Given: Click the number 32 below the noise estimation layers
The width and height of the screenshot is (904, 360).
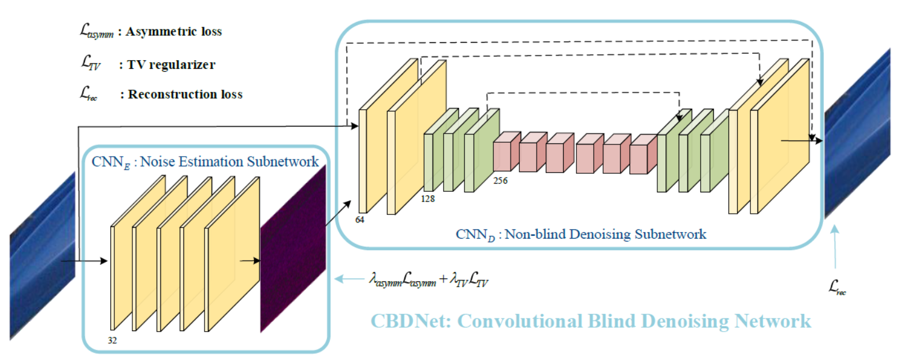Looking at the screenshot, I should coord(112,340).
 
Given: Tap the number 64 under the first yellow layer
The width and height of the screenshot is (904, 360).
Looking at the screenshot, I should coord(362,220).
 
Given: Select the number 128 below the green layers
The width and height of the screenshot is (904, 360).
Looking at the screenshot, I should coord(429,198).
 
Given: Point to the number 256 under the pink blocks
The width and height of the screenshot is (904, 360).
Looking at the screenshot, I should coord(500,180).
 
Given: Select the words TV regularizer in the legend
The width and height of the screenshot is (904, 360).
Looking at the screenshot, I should coord(167,65).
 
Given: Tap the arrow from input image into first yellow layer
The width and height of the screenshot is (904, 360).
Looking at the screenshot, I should coord(84,261).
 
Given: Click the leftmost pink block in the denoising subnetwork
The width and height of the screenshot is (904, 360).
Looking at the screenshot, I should coord(505,153).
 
